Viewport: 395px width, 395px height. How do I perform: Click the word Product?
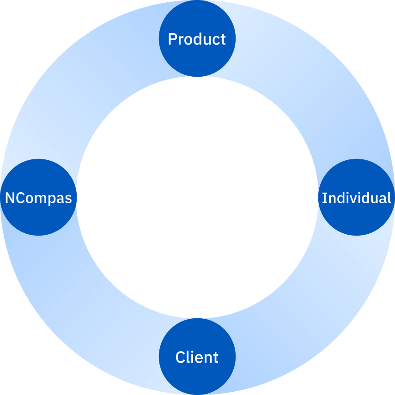coord(197,39)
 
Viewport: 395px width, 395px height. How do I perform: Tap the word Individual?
coord(356,198)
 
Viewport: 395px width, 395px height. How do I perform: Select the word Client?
coord(197,357)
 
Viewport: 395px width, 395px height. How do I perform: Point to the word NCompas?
coord(38,198)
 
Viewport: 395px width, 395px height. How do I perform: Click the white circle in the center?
coord(197,197)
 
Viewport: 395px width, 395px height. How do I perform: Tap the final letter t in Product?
coord(223,39)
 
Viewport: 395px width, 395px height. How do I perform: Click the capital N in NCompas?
coord(9,198)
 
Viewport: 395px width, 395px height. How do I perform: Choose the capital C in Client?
coord(180,357)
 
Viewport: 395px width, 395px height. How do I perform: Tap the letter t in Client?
coord(216,357)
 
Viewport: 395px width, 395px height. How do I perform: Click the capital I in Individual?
coord(324,198)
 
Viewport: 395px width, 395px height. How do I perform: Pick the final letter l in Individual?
coord(389,198)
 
